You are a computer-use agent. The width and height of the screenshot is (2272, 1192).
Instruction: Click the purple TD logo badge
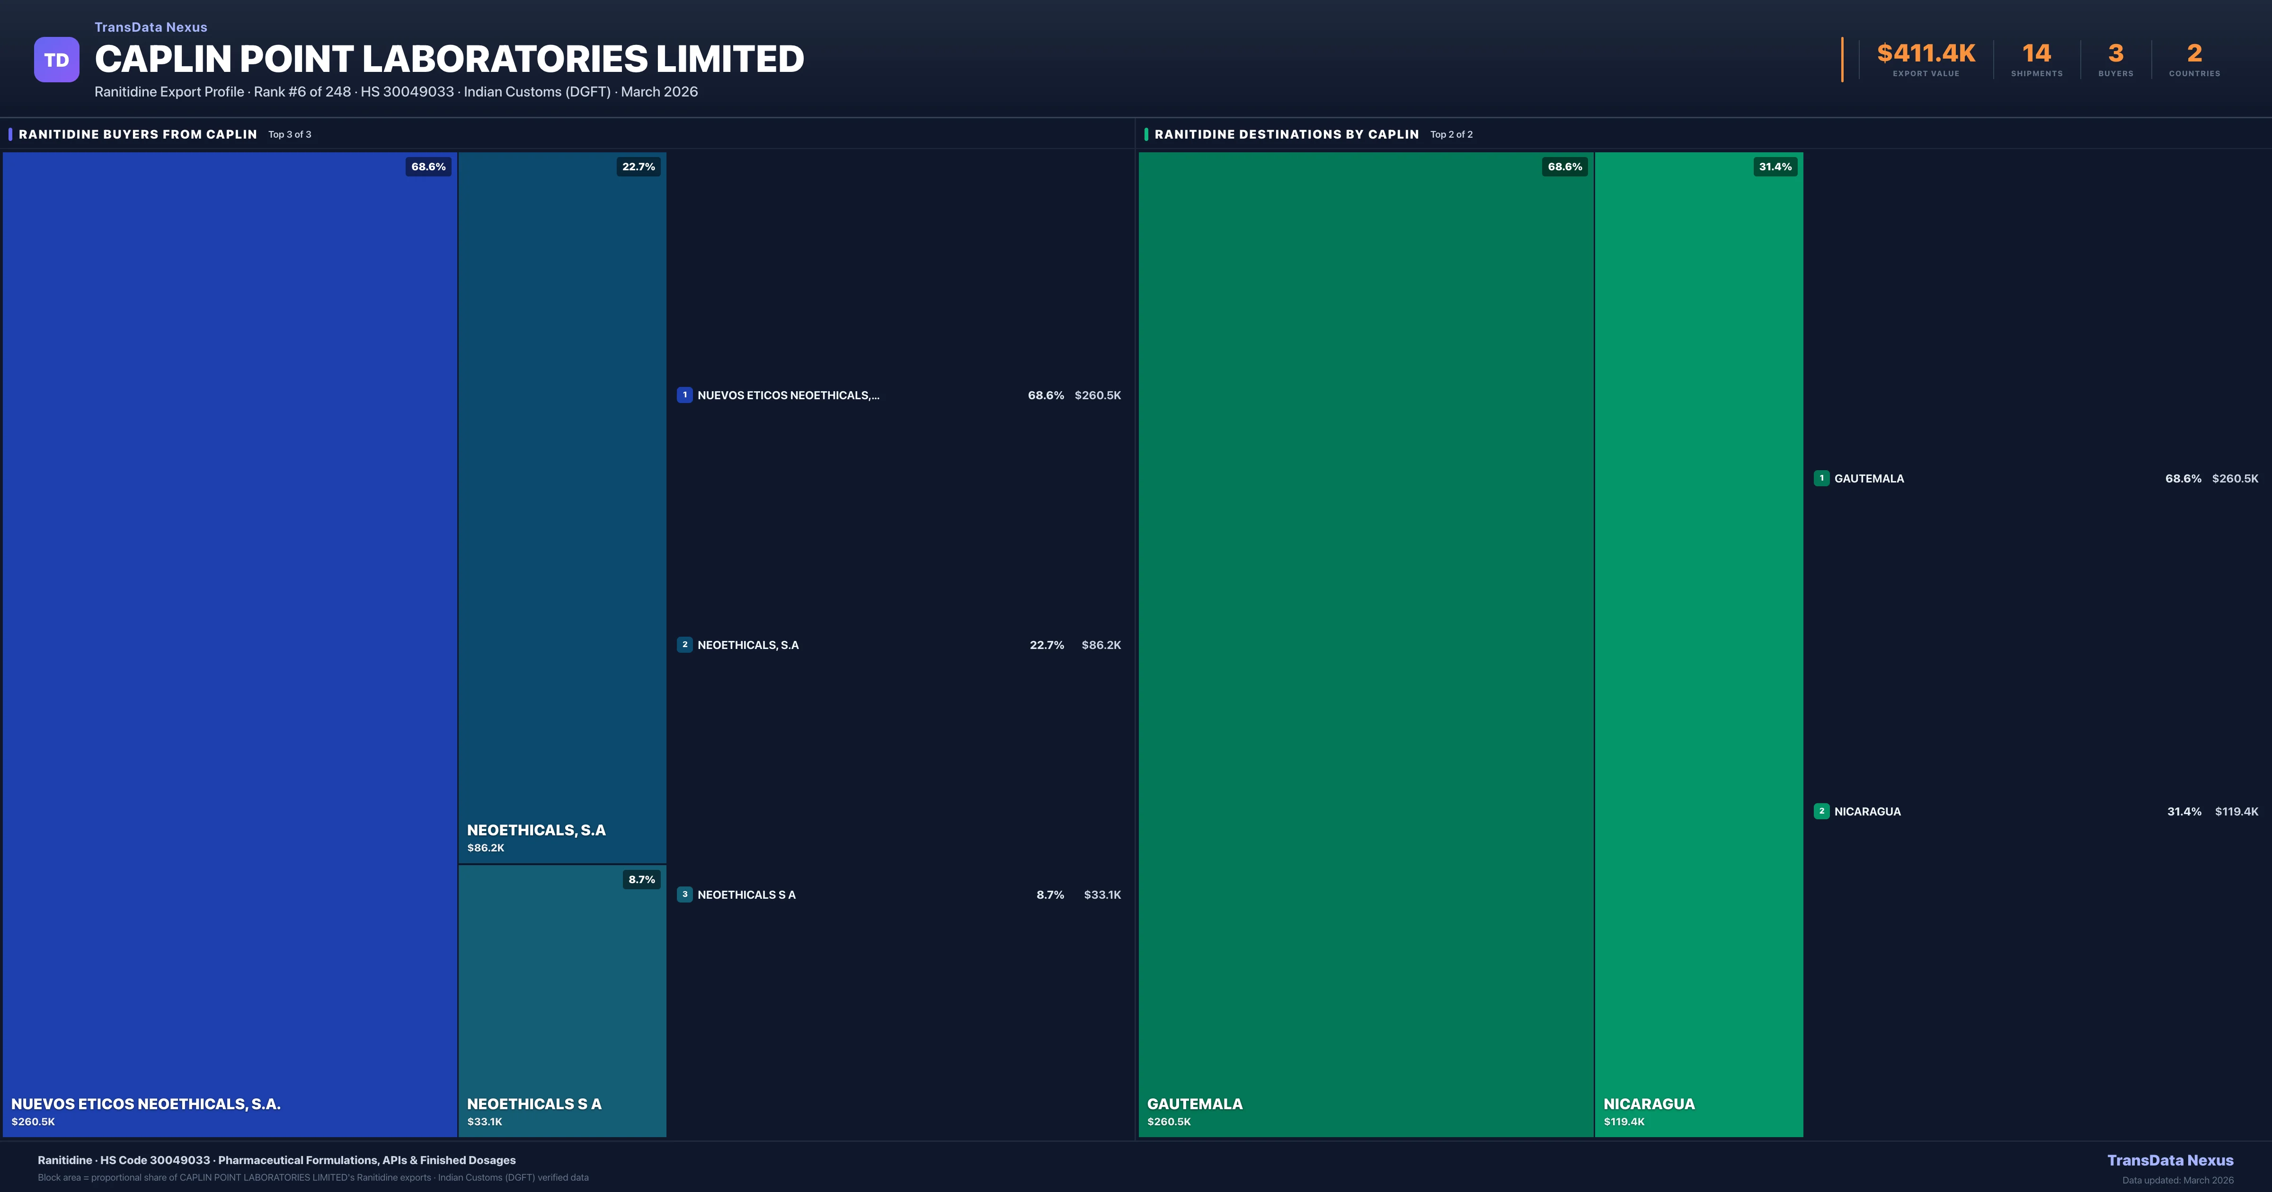(56, 60)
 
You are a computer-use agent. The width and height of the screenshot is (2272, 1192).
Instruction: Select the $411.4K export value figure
(1926, 54)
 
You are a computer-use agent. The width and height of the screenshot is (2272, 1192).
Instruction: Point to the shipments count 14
(2036, 54)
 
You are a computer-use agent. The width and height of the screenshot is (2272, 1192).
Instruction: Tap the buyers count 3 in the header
(2115, 54)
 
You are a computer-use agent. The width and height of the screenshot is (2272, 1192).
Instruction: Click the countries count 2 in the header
(2194, 54)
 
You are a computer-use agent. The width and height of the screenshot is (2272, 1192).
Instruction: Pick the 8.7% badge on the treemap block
(641, 879)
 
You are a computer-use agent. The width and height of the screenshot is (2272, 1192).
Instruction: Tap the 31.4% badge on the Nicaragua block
(1775, 167)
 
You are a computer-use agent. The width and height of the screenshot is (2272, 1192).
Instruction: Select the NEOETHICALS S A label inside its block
(533, 1104)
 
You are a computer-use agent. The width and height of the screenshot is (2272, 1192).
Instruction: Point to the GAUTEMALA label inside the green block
(1194, 1104)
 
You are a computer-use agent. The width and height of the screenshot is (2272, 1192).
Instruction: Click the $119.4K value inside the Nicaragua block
(1624, 1122)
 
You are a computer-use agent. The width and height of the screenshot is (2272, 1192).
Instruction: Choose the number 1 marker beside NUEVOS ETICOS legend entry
(684, 395)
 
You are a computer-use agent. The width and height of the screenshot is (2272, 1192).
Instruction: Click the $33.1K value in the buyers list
(1101, 895)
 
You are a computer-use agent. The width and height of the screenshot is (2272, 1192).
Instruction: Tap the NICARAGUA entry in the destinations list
(1867, 811)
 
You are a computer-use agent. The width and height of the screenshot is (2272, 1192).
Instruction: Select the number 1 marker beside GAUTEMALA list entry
(1821, 478)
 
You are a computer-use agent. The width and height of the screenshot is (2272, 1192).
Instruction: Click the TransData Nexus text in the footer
(2170, 1160)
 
